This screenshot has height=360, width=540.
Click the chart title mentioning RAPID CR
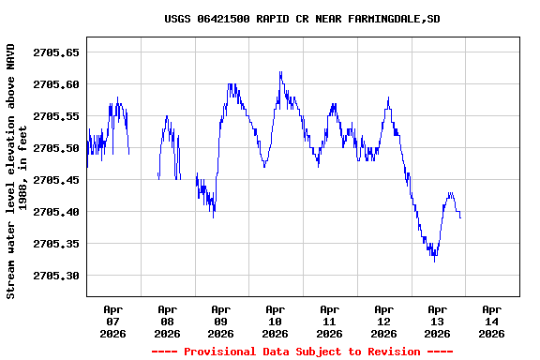pos(302,19)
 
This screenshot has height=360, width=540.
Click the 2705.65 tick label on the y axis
pos(56,52)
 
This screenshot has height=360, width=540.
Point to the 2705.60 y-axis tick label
pos(56,84)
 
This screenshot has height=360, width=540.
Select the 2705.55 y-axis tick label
pos(56,116)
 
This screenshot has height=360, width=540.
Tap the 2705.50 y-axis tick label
pos(56,148)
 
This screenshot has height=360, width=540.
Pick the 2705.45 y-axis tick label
pos(56,180)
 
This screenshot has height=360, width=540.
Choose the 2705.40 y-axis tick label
pos(56,212)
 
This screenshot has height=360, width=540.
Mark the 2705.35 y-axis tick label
pos(56,244)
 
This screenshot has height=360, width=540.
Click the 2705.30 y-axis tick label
pos(56,276)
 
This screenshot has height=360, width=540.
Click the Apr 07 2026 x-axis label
pos(113,321)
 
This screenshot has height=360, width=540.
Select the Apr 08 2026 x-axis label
pos(167,321)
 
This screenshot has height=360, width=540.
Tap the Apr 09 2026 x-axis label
pos(221,321)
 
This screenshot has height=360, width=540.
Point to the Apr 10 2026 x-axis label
pos(276,321)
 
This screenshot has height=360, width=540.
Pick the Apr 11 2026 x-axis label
pos(329,321)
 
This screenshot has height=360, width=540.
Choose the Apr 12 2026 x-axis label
pos(383,321)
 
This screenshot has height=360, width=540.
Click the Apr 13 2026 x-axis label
pos(438,321)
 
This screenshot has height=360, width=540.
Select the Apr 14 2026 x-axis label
pos(491,321)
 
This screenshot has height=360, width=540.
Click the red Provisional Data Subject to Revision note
pos(302,352)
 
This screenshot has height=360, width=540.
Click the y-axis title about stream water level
pos(17,171)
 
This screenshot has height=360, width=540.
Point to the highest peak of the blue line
pos(280,72)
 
